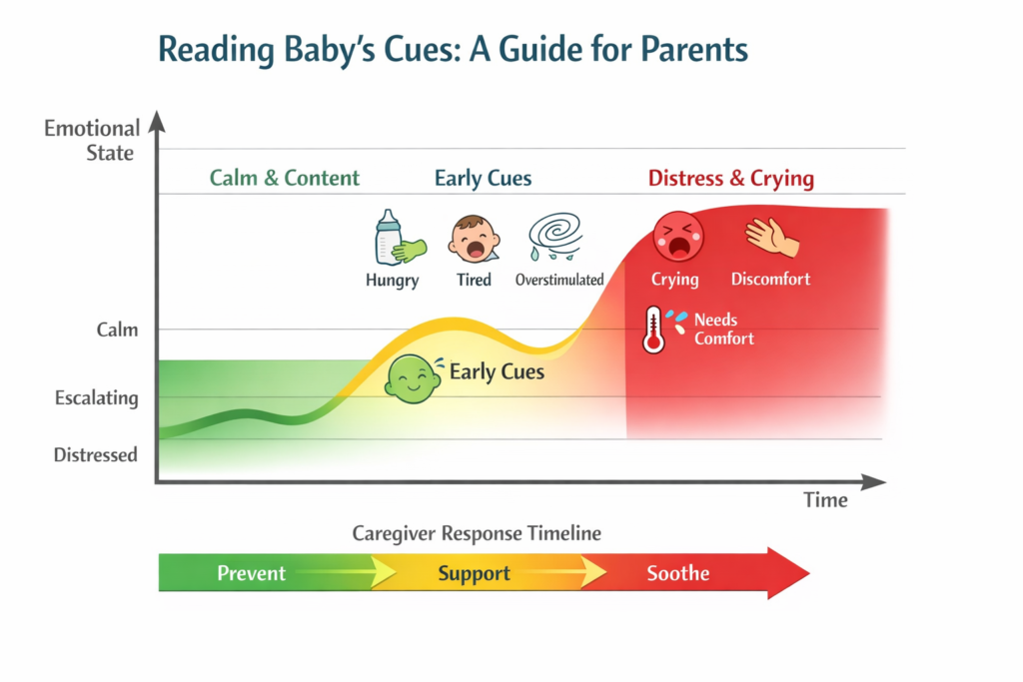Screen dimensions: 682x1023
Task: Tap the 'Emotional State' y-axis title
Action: (91, 141)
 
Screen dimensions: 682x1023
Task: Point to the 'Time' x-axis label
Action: (825, 500)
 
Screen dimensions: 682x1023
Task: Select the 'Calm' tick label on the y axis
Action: (117, 330)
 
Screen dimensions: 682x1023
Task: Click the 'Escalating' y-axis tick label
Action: (96, 397)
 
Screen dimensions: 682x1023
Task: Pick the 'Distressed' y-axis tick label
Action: (95, 454)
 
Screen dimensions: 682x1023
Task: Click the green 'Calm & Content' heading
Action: (285, 179)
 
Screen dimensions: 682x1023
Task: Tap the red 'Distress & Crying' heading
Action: (730, 179)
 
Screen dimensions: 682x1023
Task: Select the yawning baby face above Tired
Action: (474, 239)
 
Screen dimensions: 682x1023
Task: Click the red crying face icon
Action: (677, 237)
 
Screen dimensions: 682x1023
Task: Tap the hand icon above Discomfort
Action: (771, 238)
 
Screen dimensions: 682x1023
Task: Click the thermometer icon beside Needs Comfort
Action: (653, 330)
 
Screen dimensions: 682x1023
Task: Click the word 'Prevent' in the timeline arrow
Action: (251, 573)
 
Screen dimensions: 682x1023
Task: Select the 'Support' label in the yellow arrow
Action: (474, 573)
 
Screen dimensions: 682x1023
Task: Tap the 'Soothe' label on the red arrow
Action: (677, 573)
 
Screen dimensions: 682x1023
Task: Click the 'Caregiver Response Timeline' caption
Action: (477, 533)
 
